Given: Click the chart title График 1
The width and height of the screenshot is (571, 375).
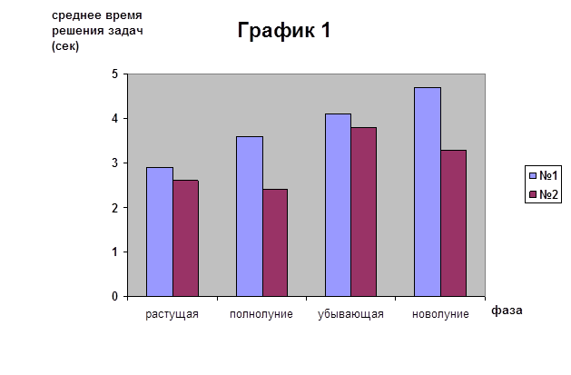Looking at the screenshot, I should coord(285,31).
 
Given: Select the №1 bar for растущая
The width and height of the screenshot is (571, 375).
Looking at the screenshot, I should coord(161,232).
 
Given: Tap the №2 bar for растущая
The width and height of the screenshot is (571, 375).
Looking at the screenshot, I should coord(185,238).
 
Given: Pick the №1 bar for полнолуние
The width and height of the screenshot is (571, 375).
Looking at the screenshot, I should coord(250,216).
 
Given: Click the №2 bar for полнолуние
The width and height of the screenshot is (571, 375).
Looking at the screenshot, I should coord(274,242).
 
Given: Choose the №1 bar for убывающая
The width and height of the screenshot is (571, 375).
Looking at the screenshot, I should coord(339,205).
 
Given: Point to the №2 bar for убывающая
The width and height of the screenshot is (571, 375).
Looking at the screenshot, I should coord(363,212).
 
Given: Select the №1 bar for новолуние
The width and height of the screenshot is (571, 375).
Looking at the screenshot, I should coord(428,192).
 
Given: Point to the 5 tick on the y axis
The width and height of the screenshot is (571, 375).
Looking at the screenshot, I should coord(115,74).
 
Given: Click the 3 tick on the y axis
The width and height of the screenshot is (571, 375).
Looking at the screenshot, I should coord(115,163).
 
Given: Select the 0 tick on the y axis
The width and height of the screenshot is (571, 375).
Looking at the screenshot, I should coord(115,297).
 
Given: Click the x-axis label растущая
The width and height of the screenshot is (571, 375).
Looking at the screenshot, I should coord(172,314).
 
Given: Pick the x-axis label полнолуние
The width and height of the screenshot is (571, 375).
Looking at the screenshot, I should coord(261,314).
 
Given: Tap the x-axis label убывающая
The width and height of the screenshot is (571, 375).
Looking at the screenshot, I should coord(350,314).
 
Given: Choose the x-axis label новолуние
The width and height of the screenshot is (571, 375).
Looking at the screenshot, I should coord(440,314).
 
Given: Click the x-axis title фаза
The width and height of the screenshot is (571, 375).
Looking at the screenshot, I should coord(507,310).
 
